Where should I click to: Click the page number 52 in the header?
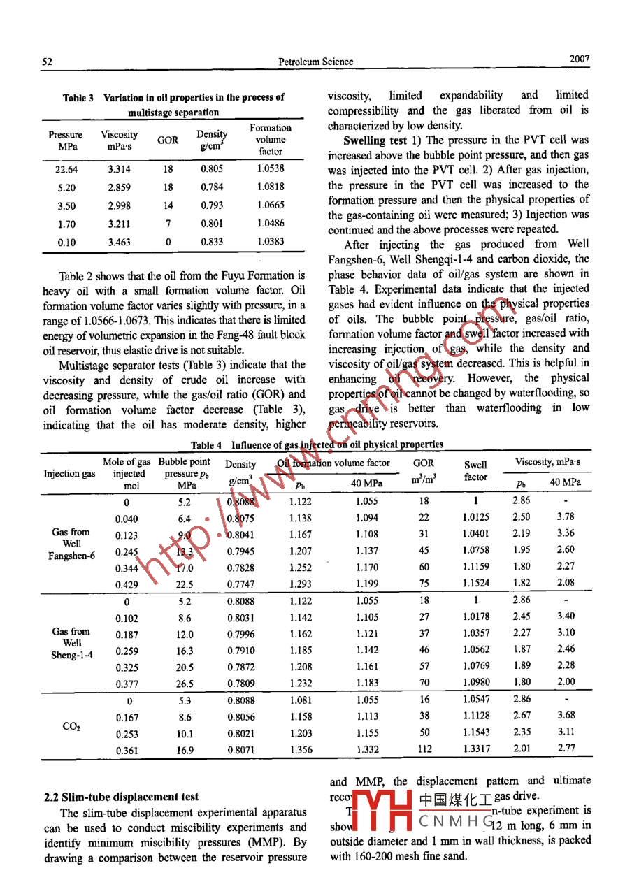pyautogui.click(x=48, y=62)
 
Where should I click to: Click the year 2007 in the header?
pyautogui.click(x=580, y=60)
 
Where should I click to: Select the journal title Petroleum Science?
pyautogui.click(x=316, y=62)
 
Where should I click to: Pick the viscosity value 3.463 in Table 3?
pyautogui.click(x=120, y=242)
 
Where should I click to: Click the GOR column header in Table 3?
pyautogui.click(x=168, y=140)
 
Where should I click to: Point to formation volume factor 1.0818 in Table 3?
pyautogui.click(x=271, y=187)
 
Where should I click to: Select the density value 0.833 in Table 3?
pyautogui.click(x=212, y=242)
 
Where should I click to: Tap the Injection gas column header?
pyautogui.click(x=70, y=474)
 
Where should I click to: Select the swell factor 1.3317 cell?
pyautogui.click(x=475, y=749)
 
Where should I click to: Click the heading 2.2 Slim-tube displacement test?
pyautogui.click(x=121, y=797)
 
